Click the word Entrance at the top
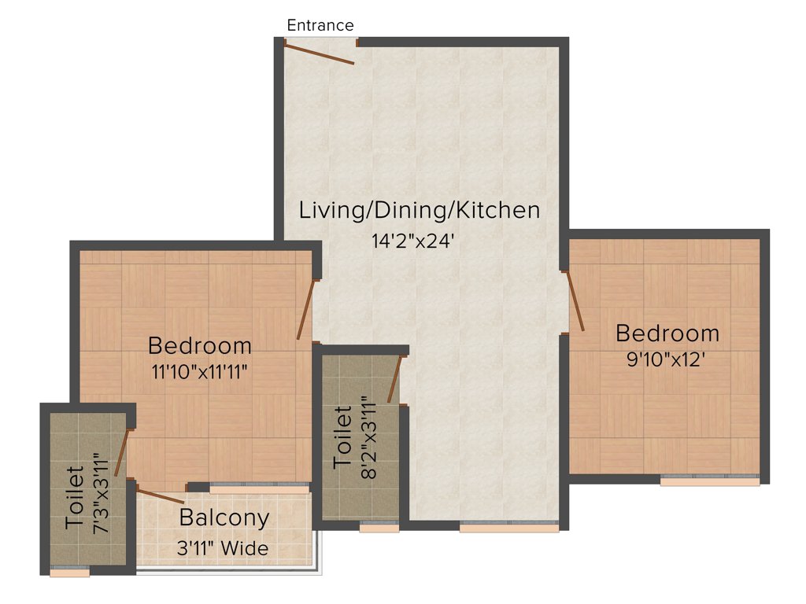click(320, 25)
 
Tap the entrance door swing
click(319, 53)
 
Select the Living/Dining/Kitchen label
click(420, 211)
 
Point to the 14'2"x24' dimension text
click(414, 241)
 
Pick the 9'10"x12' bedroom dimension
click(667, 360)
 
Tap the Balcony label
click(224, 518)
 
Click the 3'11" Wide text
click(224, 548)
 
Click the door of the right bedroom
click(575, 301)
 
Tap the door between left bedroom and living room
click(305, 310)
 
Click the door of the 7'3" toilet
click(121, 452)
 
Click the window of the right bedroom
click(710, 481)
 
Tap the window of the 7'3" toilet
click(69, 572)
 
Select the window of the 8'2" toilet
click(379, 527)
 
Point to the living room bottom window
click(509, 527)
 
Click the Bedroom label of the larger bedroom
click(200, 345)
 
